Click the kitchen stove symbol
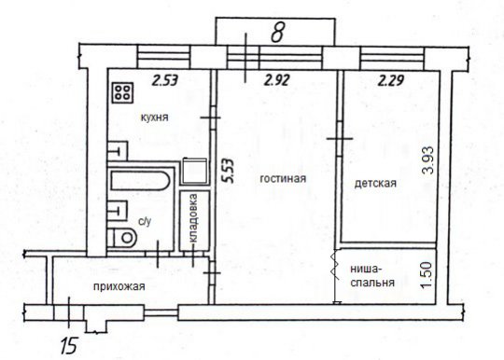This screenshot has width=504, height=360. tap(122, 93)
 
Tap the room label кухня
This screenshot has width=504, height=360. tap(155, 118)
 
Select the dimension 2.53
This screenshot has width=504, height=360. tap(165, 80)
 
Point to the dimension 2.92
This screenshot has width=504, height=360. tap(277, 80)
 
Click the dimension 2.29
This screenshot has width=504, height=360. tap(390, 80)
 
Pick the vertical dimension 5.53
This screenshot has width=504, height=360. tap(230, 171)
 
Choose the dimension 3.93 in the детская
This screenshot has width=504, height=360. tap(428, 159)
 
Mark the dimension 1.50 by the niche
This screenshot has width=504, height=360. tap(428, 272)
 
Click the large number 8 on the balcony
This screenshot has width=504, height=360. tap(278, 33)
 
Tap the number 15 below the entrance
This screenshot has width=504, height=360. tap(69, 346)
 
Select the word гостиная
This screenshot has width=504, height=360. tap(283, 178)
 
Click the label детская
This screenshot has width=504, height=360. tap(375, 184)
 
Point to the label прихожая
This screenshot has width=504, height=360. tap(119, 286)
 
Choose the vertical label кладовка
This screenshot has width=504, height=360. tap(194, 218)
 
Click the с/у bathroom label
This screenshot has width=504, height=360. tap(145, 221)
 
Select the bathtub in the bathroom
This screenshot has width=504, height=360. tap(140, 180)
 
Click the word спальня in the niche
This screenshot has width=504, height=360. tap(372, 283)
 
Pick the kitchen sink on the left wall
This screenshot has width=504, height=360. tap(118, 151)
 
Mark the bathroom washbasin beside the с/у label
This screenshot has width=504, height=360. tap(118, 211)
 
